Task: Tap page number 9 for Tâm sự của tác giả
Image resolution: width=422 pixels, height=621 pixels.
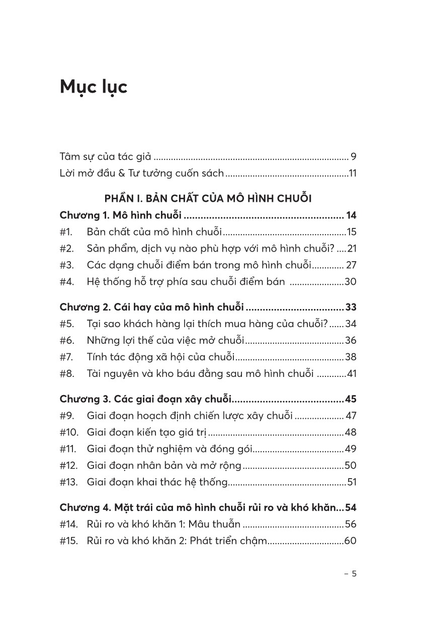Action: (354, 156)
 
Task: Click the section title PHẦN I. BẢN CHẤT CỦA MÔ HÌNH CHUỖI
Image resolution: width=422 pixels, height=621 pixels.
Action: (208, 198)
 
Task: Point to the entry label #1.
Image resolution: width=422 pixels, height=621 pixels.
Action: (66, 232)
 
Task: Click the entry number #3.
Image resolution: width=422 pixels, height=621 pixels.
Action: (67, 265)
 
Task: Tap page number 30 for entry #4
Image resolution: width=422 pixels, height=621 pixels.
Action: (351, 282)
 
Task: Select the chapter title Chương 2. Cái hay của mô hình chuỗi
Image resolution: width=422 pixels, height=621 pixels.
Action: (151, 307)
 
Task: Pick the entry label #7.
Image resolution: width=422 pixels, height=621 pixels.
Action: (67, 357)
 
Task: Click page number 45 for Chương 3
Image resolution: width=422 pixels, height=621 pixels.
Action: (351, 399)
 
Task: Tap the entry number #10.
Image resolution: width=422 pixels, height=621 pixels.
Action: (68, 432)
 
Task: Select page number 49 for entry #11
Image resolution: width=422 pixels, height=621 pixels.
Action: (350, 449)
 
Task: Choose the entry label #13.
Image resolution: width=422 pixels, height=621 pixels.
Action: (68, 482)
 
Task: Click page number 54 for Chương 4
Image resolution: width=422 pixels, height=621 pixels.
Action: (351, 507)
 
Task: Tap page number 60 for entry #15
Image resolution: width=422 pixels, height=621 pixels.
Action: (350, 541)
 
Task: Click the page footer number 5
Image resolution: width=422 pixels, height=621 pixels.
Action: (354, 574)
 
